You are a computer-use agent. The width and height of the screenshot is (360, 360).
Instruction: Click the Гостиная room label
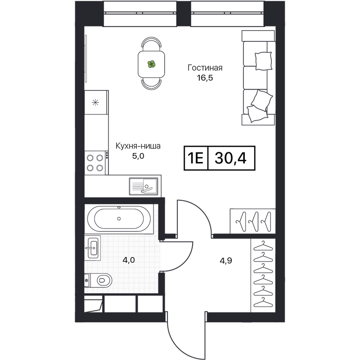coord(205,68)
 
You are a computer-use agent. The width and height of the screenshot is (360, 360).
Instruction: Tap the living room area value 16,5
coord(205,78)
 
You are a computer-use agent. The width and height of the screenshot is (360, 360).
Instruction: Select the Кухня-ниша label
coord(138,146)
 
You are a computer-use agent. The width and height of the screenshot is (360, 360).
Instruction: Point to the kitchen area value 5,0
coord(138,156)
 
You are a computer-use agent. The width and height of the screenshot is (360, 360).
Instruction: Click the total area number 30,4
coord(231,158)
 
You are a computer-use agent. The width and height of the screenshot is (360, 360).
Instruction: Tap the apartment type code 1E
coord(196,158)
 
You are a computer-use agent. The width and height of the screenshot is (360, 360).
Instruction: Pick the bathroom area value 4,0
coord(129,261)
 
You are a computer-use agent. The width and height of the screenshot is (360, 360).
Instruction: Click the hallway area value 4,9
coord(226,261)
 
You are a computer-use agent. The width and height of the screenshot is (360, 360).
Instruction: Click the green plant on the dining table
coord(152,64)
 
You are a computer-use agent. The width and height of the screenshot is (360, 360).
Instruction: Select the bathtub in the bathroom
coord(119,219)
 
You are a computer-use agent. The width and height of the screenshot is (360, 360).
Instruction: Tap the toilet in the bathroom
coord(98,280)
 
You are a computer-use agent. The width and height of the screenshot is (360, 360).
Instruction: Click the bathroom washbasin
coord(93,248)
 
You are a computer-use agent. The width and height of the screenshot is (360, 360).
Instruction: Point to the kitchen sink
coord(144,186)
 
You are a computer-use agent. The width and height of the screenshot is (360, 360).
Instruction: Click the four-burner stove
coord(96,163)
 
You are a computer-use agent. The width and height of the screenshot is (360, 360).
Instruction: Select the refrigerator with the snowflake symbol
coord(96,103)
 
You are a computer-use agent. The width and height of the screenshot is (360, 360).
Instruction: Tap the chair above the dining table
coord(152,44)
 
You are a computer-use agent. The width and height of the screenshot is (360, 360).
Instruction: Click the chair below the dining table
coord(152,84)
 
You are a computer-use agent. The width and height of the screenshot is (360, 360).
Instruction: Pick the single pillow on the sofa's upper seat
coord(264,61)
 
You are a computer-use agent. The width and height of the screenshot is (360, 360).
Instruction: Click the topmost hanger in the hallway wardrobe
coord(263,246)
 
